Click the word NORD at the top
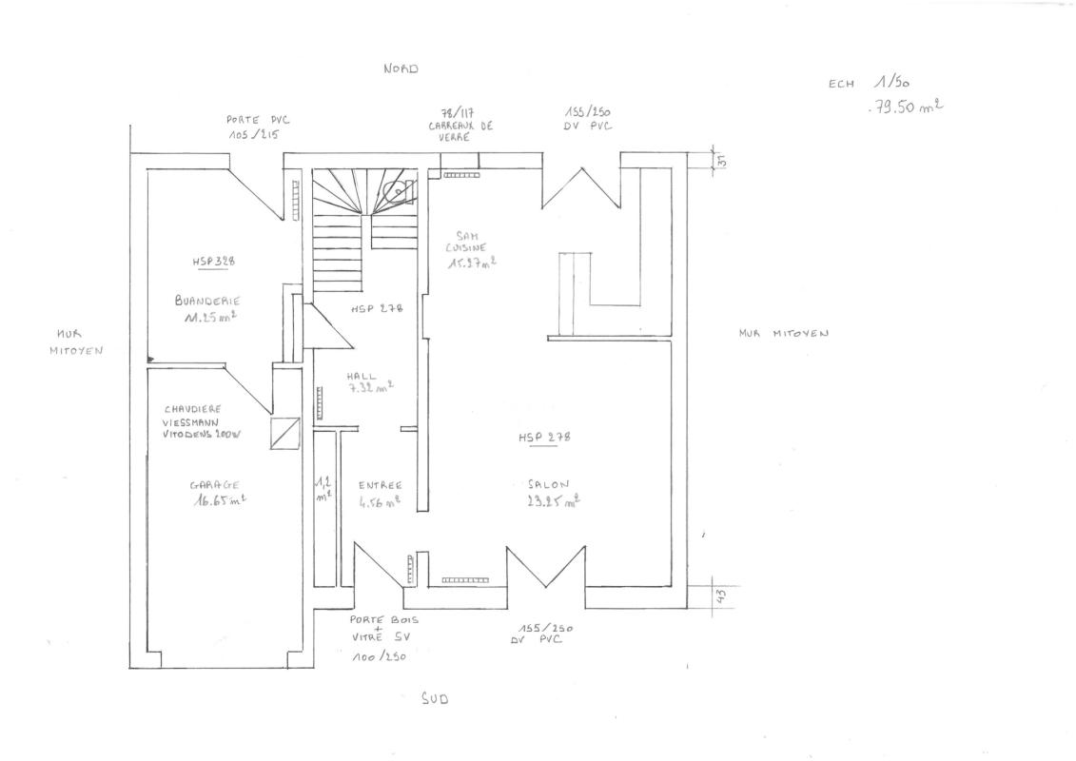coord(401,69)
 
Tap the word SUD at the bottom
coord(434,698)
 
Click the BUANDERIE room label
coord(207,300)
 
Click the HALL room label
coord(362,376)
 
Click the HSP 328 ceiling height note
coord(213,261)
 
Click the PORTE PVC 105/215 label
coord(257,127)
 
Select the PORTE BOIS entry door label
coord(384,619)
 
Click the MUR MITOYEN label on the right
coord(783,334)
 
